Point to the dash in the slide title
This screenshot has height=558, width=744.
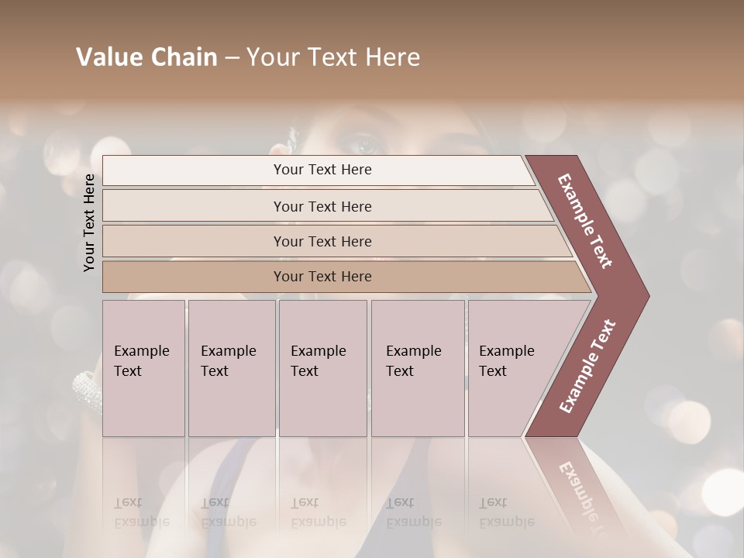coord(232,58)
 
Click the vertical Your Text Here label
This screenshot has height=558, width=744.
coord(89,222)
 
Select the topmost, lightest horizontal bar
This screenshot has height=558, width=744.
coord(318,170)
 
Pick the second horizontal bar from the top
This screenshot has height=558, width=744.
coord(325,206)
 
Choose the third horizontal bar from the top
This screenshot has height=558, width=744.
coord(333,241)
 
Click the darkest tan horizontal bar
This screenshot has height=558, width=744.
coord(341,277)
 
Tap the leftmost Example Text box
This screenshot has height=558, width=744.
coord(143,368)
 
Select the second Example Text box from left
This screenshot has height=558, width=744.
coord(232,368)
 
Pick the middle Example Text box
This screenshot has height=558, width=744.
coord(322,368)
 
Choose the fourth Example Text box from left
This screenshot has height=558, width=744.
coord(418,368)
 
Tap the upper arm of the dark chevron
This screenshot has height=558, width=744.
coord(586,221)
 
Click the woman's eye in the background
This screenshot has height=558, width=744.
coord(364,144)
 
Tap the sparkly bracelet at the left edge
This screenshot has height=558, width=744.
coord(86,387)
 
